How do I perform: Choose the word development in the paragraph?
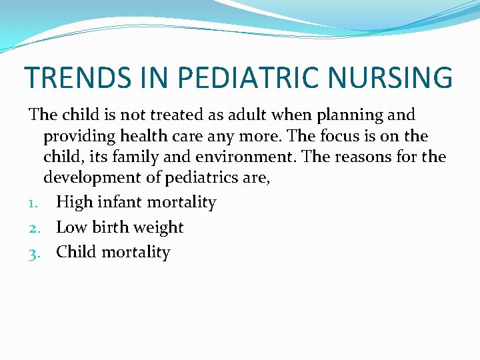coord(89,179)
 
